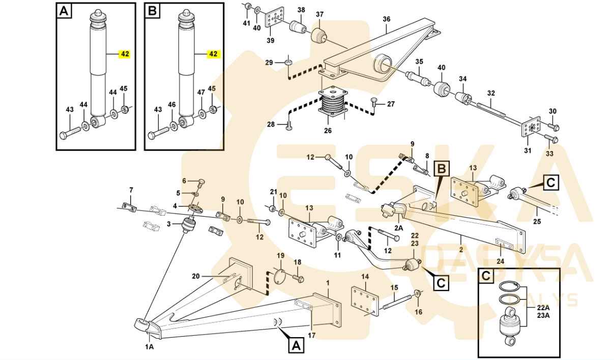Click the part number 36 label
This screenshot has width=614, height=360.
pyautogui.click(x=386, y=19)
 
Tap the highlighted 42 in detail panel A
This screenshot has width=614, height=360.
pyautogui.click(x=124, y=54)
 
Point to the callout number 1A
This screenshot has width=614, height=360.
pyautogui.click(x=149, y=347)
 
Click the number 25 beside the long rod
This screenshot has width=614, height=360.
pyautogui.click(x=537, y=222)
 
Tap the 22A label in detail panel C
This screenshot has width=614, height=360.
pyautogui.click(x=543, y=308)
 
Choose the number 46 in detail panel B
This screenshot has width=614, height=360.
pyautogui.click(x=172, y=105)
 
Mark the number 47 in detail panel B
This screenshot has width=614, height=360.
pyautogui.click(x=201, y=93)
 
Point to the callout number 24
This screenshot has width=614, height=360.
pyautogui.click(x=501, y=261)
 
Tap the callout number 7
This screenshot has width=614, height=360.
pyautogui.click(x=131, y=190)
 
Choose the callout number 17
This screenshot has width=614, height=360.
pyautogui.click(x=312, y=335)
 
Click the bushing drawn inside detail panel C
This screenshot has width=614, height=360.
pyautogui.click(x=510, y=326)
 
